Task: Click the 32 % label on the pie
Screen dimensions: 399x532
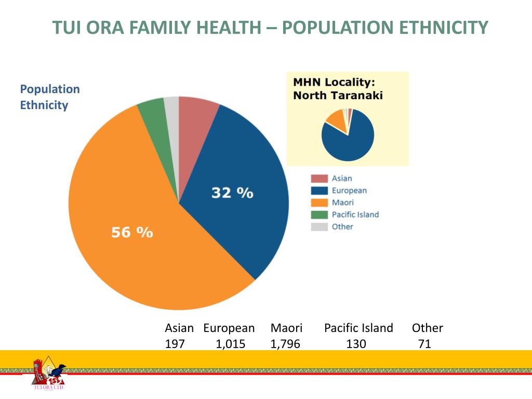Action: click(x=232, y=193)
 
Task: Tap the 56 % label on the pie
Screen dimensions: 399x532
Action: click(x=132, y=232)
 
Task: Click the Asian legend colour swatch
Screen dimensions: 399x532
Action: click(x=319, y=179)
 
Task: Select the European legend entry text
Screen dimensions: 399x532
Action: click(x=349, y=191)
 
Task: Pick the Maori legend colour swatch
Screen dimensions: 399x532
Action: click(x=319, y=203)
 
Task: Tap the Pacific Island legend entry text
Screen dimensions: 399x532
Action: click(x=355, y=215)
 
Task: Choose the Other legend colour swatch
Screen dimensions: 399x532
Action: click(x=319, y=227)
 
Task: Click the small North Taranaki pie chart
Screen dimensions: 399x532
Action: click(x=348, y=135)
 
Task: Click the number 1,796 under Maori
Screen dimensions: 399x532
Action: click(x=285, y=344)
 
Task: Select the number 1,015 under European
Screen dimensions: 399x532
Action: click(x=231, y=344)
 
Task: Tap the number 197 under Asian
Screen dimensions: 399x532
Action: click(x=175, y=344)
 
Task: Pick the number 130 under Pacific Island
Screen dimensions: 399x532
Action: click(x=356, y=344)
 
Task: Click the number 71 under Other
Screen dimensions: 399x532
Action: click(x=424, y=344)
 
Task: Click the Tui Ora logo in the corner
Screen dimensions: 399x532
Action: click(x=48, y=374)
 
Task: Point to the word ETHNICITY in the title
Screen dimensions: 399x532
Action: click(x=444, y=28)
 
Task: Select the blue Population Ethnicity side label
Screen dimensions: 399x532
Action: click(x=50, y=97)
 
